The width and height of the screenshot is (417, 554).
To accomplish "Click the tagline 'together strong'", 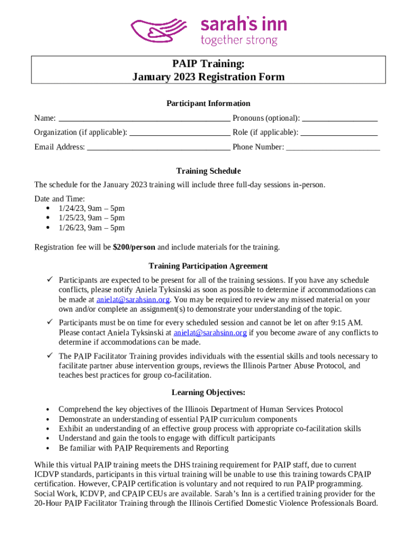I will (239, 41).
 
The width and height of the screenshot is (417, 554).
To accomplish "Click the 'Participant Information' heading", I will (208, 103).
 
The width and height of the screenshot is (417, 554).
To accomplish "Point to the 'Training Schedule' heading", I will (208, 171).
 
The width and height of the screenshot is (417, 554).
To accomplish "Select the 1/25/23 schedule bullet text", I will (92, 218).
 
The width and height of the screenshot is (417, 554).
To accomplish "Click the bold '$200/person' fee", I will (134, 247).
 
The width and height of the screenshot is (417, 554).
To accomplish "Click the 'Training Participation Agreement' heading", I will (208, 266).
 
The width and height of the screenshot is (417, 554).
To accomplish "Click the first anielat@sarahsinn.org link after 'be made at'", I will (133, 299).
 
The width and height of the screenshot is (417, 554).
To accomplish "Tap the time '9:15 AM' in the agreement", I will (362, 323).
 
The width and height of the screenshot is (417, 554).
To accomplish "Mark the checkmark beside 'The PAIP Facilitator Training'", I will (49, 356).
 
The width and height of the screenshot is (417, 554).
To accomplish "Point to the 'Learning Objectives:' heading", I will (208, 392).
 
